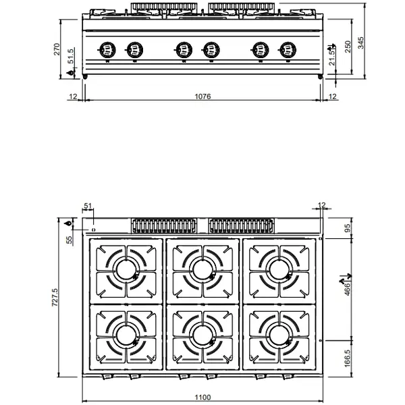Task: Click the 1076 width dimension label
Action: (x=202, y=97)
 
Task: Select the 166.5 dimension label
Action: (x=348, y=356)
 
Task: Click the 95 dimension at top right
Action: (x=348, y=227)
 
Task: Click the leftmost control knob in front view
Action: (x=106, y=49)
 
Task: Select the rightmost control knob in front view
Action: (x=287, y=49)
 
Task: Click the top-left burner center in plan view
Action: (x=127, y=269)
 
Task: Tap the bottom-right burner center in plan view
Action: (x=278, y=333)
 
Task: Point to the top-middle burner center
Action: (x=202, y=269)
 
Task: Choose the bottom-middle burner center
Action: (x=202, y=333)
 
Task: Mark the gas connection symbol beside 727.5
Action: (x=69, y=223)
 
